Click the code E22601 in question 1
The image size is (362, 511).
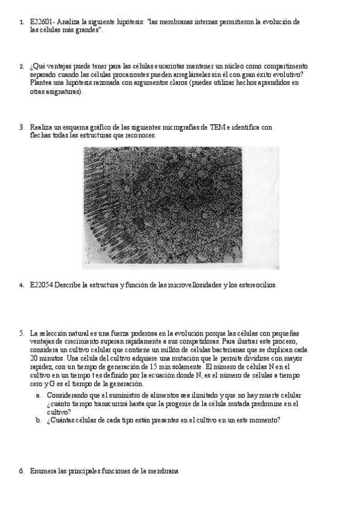click(x=40, y=22)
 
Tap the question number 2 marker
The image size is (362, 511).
click(x=21, y=66)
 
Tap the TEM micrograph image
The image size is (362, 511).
click(x=180, y=207)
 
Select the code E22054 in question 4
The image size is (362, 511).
click(x=41, y=285)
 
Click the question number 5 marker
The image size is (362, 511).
click(x=21, y=333)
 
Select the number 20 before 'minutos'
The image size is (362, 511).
click(x=34, y=358)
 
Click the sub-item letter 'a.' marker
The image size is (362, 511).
click(x=38, y=395)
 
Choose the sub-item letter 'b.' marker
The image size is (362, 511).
click(x=38, y=421)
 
